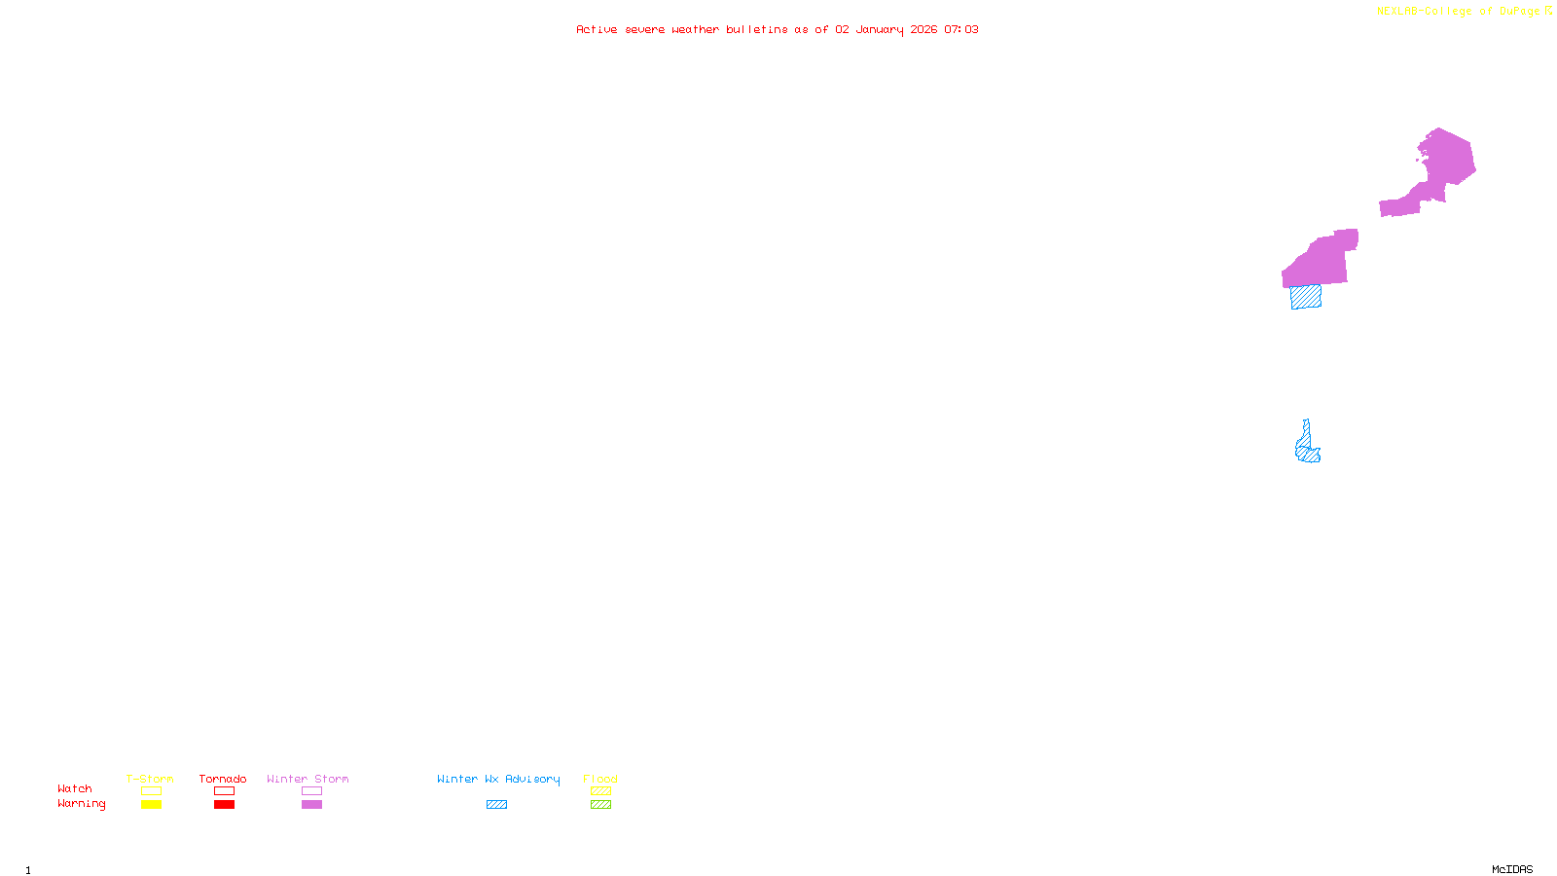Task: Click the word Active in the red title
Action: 596,29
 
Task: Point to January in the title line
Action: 880,29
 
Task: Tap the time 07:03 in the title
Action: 961,29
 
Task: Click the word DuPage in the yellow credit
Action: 1519,12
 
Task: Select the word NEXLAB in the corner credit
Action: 1397,12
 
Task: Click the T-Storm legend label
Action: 150,779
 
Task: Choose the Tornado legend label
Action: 223,779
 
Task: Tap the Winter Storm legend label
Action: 308,779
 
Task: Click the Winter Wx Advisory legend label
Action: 498,779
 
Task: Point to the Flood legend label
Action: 600,779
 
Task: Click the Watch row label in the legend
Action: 75,788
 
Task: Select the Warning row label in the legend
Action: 81,804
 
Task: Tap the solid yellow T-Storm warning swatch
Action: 151,805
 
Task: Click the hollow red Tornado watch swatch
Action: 224,791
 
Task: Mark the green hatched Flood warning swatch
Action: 600,805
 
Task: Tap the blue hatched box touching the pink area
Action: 1306,297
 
